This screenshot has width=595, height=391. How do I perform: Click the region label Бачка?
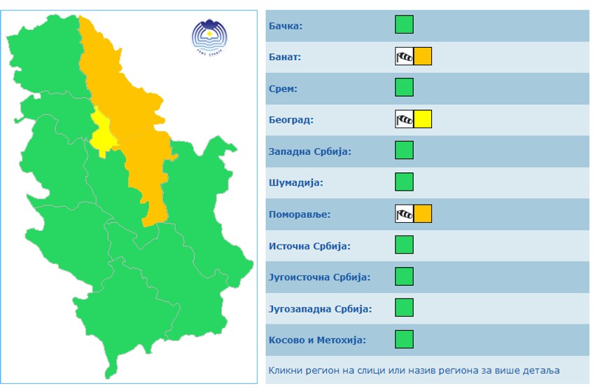(x=285, y=26)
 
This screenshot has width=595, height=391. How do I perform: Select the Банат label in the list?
(x=285, y=57)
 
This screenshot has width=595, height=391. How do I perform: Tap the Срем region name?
(x=283, y=88)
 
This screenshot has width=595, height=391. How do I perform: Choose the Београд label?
(x=291, y=120)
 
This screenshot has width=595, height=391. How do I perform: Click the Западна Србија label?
(x=309, y=151)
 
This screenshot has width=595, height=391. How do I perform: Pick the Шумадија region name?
(x=295, y=183)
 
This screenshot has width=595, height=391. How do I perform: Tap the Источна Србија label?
(x=309, y=246)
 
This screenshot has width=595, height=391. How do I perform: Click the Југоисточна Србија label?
(x=319, y=277)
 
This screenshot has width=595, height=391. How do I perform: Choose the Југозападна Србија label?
(x=320, y=308)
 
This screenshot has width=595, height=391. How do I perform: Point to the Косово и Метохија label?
(x=317, y=340)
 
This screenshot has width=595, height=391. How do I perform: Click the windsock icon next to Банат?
(x=404, y=56)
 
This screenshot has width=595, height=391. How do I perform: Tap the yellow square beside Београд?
(x=423, y=119)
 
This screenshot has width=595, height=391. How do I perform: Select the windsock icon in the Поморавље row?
(x=404, y=214)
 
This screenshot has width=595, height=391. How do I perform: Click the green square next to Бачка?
(x=404, y=25)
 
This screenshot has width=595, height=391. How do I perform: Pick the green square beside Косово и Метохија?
(x=404, y=339)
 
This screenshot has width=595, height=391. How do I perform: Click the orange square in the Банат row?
(x=423, y=56)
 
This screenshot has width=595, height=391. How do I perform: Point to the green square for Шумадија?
(x=404, y=182)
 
